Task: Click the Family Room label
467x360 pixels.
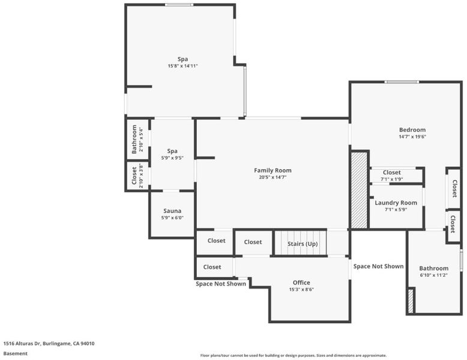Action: (273, 170)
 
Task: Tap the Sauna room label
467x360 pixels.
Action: (172, 211)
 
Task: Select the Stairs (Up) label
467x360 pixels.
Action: (303, 244)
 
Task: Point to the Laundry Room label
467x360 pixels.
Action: (396, 203)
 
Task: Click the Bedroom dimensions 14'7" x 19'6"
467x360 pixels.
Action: (412, 137)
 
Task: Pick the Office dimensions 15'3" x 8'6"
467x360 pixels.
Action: (301, 289)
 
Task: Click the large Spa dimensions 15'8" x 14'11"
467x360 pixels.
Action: (182, 66)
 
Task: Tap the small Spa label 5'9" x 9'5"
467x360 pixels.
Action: (172, 151)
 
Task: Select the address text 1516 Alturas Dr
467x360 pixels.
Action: (22, 343)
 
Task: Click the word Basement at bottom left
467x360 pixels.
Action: (15, 353)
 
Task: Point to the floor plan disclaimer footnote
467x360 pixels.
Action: (294, 355)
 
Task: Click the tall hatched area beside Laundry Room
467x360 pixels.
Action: (359, 190)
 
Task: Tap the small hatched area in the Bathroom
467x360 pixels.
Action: (411, 301)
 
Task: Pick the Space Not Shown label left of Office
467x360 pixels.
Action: (221, 284)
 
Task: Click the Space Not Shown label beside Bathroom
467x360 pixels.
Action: (378, 266)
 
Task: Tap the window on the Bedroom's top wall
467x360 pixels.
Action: (402, 82)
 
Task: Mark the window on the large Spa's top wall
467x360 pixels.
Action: (179, 5)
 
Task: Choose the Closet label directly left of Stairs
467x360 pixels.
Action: (253, 242)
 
